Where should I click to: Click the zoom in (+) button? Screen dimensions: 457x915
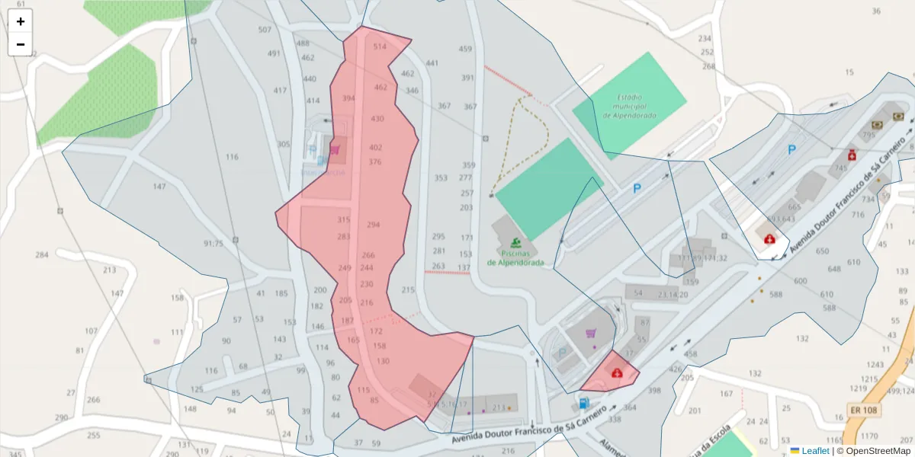point(21,21)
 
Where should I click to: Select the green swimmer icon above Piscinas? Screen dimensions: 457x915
point(516,243)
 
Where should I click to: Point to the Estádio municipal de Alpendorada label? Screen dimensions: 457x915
point(629,107)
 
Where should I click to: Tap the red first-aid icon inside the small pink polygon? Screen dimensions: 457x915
point(616,372)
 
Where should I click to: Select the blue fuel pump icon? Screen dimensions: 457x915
point(583,403)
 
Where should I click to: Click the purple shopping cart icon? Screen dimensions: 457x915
point(590,333)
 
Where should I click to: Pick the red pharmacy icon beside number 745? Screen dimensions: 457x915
point(852,155)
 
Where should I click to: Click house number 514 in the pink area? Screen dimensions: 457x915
point(380,46)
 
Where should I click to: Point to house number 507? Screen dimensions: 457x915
point(265,30)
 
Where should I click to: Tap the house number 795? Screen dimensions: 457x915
point(868,135)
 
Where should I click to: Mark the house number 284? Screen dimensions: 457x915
point(42,254)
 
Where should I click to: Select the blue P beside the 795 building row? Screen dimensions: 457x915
point(791,150)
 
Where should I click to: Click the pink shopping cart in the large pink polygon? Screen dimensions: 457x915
point(334,149)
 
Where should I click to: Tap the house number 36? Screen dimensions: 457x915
point(876,11)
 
